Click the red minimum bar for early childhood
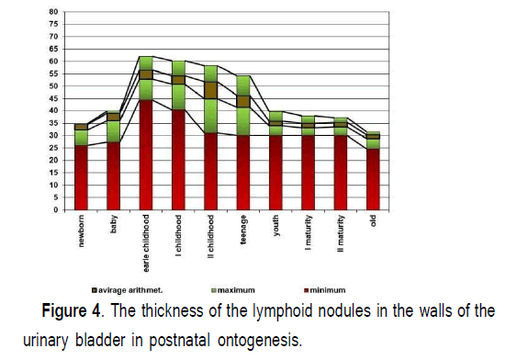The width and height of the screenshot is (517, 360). pyautogui.click(x=146, y=154)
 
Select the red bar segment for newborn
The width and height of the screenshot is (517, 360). pyautogui.click(x=81, y=177)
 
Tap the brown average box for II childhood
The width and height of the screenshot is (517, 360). pyautogui.click(x=211, y=90)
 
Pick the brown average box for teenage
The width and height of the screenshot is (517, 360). pyautogui.click(x=243, y=101)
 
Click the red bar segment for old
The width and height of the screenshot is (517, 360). pyautogui.click(x=373, y=179)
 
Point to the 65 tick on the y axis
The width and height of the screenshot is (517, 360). pyautogui.click(x=53, y=49)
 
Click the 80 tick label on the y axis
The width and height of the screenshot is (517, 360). pyautogui.click(x=53, y=12)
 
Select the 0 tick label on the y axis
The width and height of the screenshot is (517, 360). pyautogui.click(x=56, y=209)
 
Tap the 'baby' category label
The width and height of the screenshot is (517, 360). pyautogui.click(x=114, y=224)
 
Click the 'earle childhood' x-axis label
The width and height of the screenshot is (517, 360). pyautogui.click(x=146, y=243)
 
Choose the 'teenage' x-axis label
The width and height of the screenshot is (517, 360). pyautogui.click(x=243, y=230)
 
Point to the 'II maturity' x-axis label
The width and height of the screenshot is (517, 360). pyautogui.click(x=341, y=234)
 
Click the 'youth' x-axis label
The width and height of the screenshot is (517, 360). pyautogui.click(x=275, y=226)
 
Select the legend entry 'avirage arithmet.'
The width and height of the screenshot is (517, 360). pyautogui.click(x=128, y=290)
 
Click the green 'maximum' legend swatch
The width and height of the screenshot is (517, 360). pyautogui.click(x=213, y=290)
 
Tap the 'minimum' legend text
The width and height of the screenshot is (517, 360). pyautogui.click(x=328, y=290)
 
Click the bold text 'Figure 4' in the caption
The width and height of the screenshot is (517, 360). pyautogui.click(x=71, y=311)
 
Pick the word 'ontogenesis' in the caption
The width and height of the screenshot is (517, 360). pyautogui.click(x=258, y=340)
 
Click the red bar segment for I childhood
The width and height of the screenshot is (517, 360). pyautogui.click(x=178, y=160)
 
